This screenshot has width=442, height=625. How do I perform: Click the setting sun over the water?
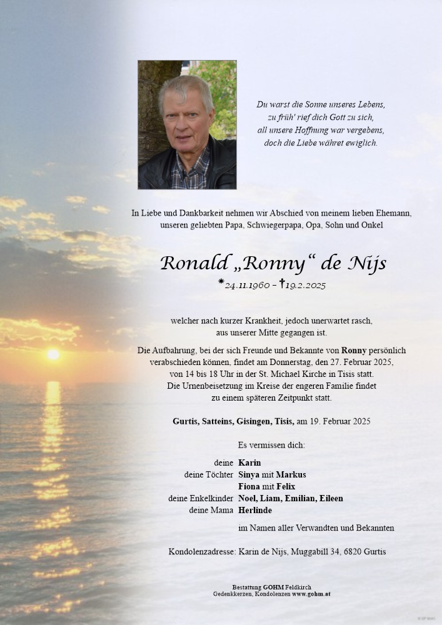pos(54,354)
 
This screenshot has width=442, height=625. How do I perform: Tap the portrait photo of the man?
pos(187,124)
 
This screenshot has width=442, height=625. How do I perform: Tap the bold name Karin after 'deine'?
pos(249,463)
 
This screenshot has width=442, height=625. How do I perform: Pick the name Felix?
pos(285,486)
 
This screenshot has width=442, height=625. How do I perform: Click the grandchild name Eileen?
pos(331,498)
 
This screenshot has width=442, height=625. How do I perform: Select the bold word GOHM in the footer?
pos(273,587)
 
